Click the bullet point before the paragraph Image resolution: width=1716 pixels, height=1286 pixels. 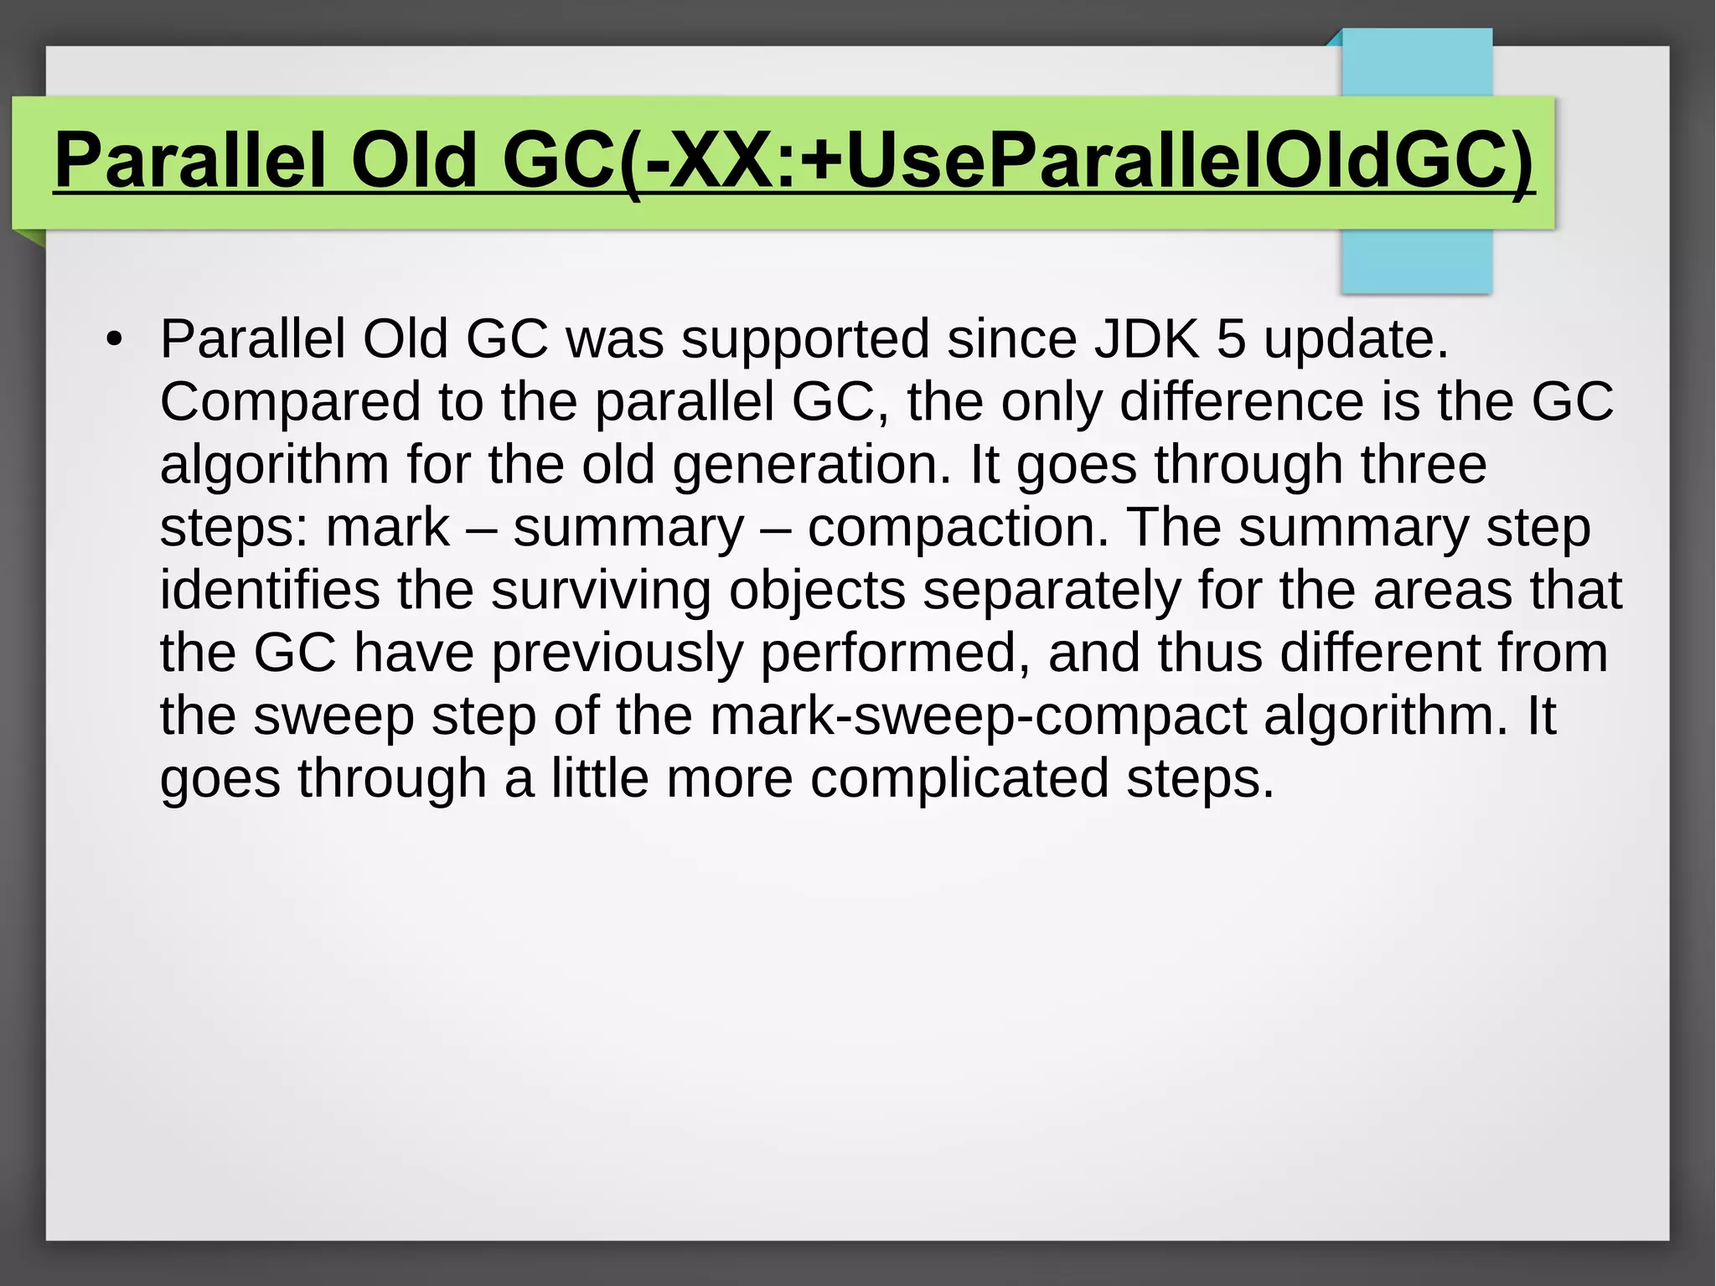(x=114, y=340)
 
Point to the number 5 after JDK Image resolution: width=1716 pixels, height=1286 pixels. (x=1230, y=339)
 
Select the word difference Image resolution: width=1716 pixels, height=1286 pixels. (x=1242, y=402)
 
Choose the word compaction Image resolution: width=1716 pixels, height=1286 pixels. (x=958, y=528)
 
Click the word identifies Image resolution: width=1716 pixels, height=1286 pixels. (x=270, y=590)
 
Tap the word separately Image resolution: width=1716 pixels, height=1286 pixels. (x=1052, y=590)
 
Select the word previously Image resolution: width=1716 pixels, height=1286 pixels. (x=617, y=653)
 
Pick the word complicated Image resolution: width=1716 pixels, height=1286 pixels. (x=959, y=779)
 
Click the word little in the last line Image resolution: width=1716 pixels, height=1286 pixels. (x=599, y=779)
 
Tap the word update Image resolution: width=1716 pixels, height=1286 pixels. (x=1356, y=339)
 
